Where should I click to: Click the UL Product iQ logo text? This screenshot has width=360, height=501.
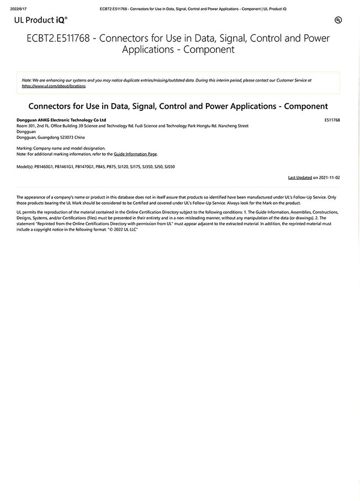pos(41,19)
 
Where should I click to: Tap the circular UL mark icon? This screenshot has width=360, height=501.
pos(337,20)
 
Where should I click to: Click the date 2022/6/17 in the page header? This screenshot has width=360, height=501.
pos(18,9)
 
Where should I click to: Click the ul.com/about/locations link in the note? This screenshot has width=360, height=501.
pos(54,86)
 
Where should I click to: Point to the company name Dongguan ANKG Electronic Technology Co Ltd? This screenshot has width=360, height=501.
pos(61,120)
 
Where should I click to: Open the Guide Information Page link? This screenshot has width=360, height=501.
pos(135,154)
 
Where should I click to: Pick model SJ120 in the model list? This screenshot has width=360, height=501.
pos(123,166)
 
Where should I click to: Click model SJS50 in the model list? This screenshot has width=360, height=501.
pos(170,166)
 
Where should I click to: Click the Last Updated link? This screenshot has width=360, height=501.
pos(300,178)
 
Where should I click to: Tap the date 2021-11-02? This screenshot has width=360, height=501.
pos(330,178)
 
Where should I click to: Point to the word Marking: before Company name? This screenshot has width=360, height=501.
pos(25,149)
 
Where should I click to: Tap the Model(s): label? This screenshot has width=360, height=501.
pos(25,166)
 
